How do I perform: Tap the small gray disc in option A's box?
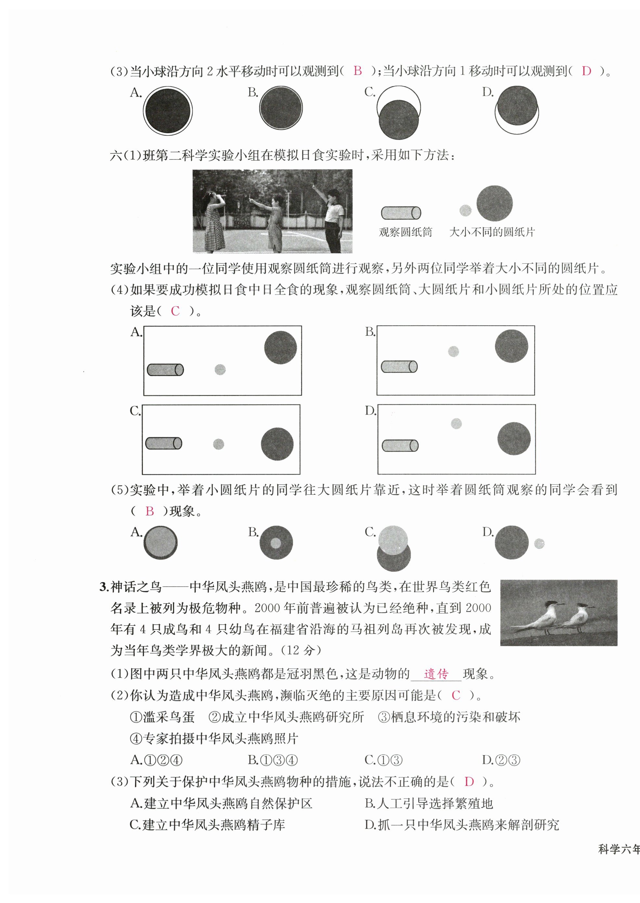click(x=220, y=370)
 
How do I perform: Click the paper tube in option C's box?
click(x=163, y=443)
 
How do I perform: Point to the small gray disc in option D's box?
click(x=456, y=424)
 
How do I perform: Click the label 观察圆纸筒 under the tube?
click(x=405, y=232)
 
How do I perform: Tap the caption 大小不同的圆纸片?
click(x=492, y=232)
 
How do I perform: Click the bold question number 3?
click(x=104, y=587)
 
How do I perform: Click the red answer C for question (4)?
click(x=175, y=311)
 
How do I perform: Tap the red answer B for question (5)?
click(x=149, y=511)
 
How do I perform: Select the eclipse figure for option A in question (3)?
click(x=168, y=110)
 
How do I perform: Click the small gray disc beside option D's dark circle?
click(x=539, y=544)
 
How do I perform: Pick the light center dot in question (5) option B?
click(x=275, y=543)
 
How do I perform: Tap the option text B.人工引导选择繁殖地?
click(x=429, y=803)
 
